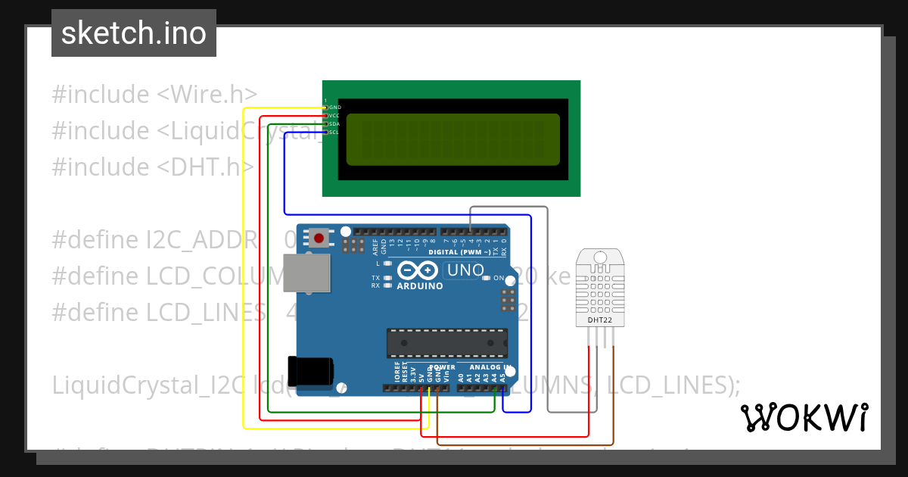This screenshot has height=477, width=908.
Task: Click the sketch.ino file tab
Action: pos(134,33)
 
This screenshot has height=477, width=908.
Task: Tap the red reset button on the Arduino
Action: pos(319,238)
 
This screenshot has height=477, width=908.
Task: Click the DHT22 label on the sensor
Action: pos(600,320)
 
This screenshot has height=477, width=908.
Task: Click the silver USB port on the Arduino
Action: pos(306,273)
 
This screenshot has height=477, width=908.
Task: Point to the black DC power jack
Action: pos(310,370)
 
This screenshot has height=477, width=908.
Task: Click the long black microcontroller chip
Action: pos(446,342)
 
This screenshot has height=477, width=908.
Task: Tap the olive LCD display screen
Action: pos(452,139)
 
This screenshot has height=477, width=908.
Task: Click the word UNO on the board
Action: pos(465,270)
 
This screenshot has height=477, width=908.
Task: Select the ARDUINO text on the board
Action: pos(419,286)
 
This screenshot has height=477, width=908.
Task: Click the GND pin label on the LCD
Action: pos(334,108)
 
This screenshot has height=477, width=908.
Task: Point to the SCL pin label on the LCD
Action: pos(334,132)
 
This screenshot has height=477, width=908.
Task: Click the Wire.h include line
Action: pos(154,95)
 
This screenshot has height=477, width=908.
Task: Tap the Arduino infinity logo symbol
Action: pos(416,270)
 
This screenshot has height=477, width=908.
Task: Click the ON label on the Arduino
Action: pos(499,278)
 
